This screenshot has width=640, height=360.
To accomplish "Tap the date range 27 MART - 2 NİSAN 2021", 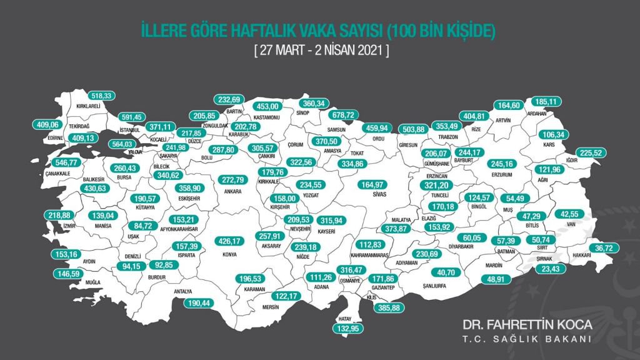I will click(x=321, y=51).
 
